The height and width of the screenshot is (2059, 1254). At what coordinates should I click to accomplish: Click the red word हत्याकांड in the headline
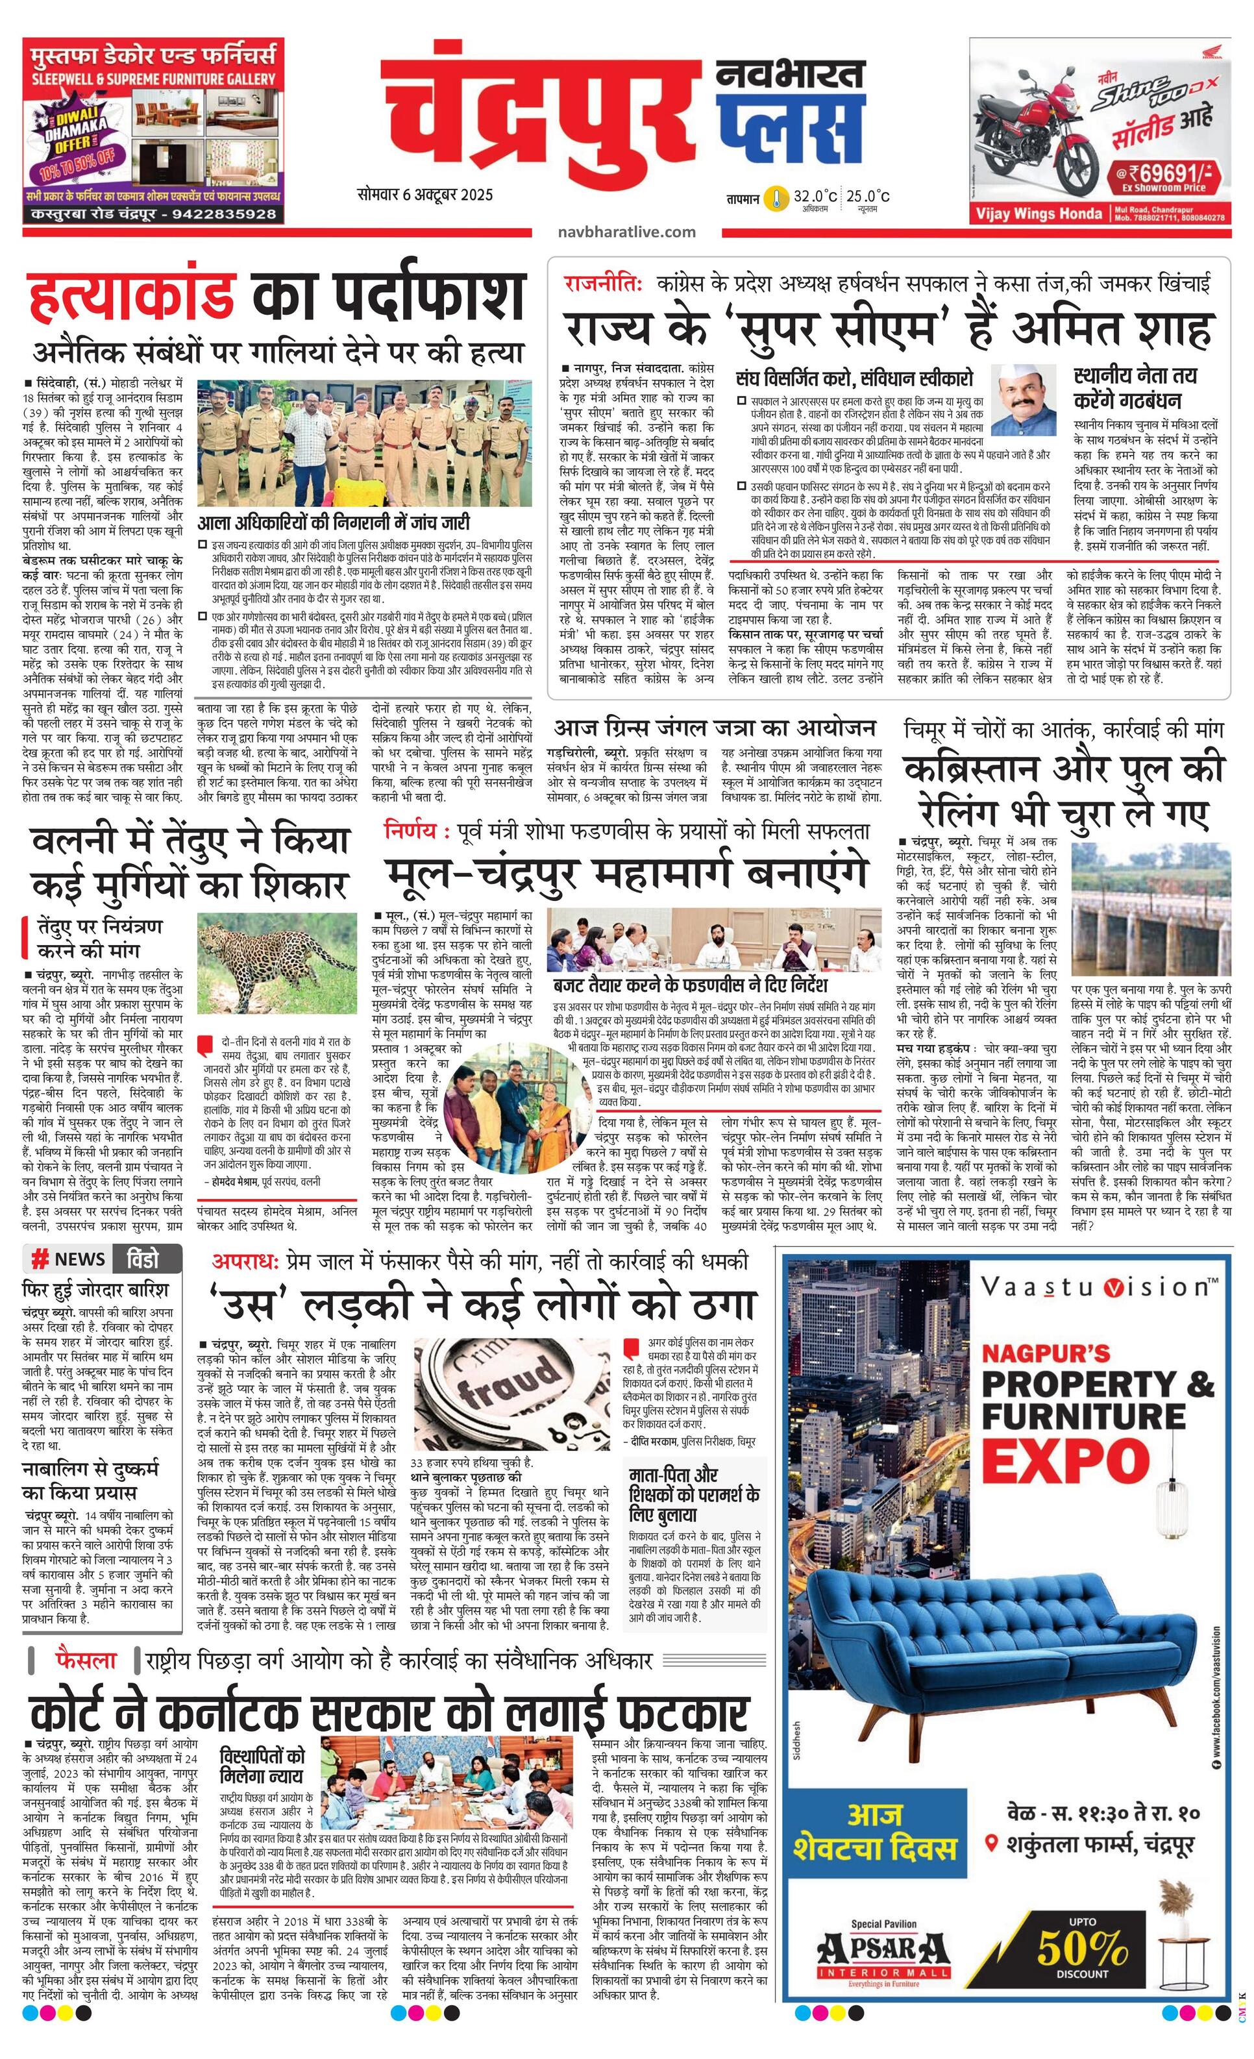130,295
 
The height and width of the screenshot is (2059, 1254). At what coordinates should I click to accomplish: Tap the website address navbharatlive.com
626,232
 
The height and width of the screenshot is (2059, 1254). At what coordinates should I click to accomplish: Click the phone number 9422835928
223,214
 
